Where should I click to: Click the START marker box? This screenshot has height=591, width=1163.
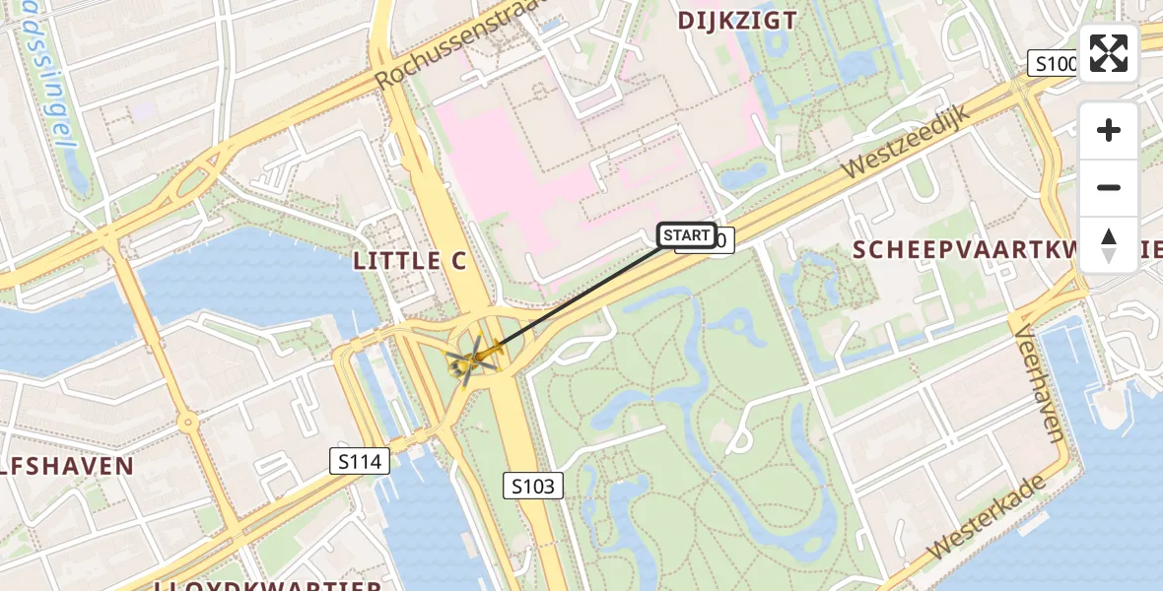pyautogui.click(x=687, y=235)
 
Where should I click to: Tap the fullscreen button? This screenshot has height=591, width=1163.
pyautogui.click(x=1109, y=53)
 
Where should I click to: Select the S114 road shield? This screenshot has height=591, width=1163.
pyautogui.click(x=360, y=460)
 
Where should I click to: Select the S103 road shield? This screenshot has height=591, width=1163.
pyautogui.click(x=535, y=485)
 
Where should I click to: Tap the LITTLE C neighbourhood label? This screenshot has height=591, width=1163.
pyautogui.click(x=411, y=261)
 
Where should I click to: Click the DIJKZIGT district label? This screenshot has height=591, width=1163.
pyautogui.click(x=737, y=20)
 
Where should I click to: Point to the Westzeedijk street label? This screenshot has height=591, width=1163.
pyautogui.click(x=906, y=142)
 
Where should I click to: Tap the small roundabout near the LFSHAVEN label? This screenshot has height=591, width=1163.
pyautogui.click(x=188, y=423)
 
